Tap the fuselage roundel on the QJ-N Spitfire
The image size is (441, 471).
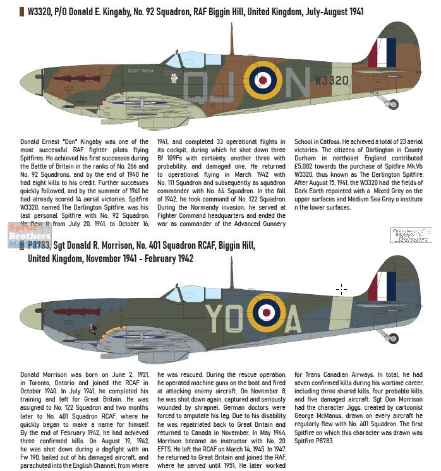pyautogui.click(x=263, y=79)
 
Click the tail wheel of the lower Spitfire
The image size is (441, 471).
pyautogui.click(x=394, y=338)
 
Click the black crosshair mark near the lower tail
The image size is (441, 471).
pyautogui.click(x=342, y=289)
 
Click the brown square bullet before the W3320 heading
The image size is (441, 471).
pyautogui.click(x=23, y=11)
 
